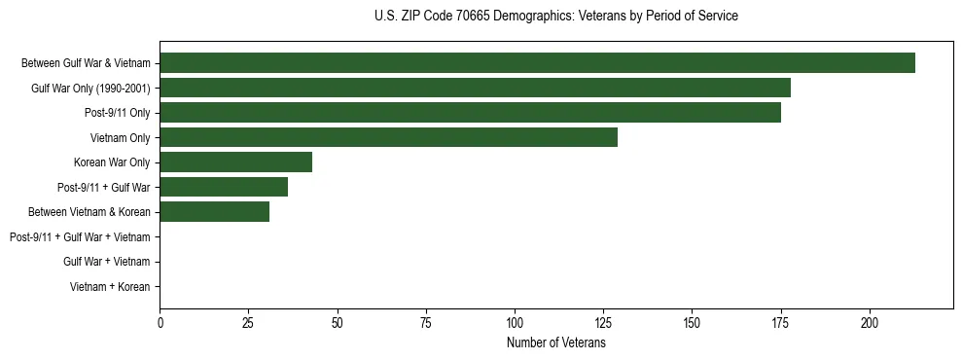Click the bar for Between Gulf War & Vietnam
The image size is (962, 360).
(x=537, y=63)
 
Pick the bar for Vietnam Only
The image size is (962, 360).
(x=388, y=137)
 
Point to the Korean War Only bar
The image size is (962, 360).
(x=235, y=162)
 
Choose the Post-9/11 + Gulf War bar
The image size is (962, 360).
(x=224, y=187)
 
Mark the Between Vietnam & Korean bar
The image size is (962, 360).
(x=214, y=212)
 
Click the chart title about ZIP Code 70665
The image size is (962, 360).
(x=555, y=16)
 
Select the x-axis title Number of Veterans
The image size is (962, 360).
(x=555, y=342)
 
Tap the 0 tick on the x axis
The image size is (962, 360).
(x=160, y=322)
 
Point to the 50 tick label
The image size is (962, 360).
(x=338, y=322)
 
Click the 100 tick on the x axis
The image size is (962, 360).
(x=515, y=322)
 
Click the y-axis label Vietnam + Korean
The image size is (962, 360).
(x=110, y=287)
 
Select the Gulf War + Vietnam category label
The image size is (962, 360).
(x=106, y=262)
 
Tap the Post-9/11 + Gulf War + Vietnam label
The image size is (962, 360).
(x=80, y=237)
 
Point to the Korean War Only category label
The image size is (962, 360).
(x=112, y=162)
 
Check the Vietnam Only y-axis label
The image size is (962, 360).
(x=120, y=138)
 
